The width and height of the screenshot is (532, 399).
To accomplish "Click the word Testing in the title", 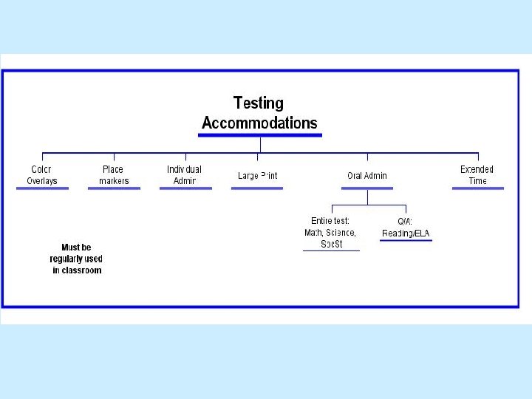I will pyautogui.click(x=258, y=103).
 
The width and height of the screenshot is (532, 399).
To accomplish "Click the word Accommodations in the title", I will pyautogui.click(x=259, y=123).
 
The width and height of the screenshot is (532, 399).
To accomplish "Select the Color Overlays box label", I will pyautogui.click(x=42, y=175).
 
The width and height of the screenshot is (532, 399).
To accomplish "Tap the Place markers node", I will pyautogui.click(x=113, y=175).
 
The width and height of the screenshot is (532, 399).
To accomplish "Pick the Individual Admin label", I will pyautogui.click(x=184, y=175).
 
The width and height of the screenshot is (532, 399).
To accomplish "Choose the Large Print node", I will pyautogui.click(x=257, y=176).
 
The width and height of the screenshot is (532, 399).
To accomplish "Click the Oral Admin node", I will pyautogui.click(x=367, y=176).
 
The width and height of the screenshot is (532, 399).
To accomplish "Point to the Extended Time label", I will pyautogui.click(x=477, y=175).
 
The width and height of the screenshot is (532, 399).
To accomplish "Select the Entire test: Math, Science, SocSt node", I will pyautogui.click(x=331, y=232).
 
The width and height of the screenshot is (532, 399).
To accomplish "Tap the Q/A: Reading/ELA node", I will pyautogui.click(x=406, y=227).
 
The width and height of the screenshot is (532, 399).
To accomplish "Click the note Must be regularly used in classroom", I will pyautogui.click(x=76, y=259).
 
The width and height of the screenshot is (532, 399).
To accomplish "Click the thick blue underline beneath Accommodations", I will pyautogui.click(x=261, y=135).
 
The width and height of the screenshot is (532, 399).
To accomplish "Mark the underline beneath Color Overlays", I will pyautogui.click(x=43, y=189).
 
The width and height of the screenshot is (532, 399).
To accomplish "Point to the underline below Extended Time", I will pyautogui.click(x=478, y=189).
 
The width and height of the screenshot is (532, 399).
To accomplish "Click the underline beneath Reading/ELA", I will pyautogui.click(x=406, y=240).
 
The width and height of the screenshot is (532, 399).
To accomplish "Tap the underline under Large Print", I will pyautogui.click(x=256, y=189).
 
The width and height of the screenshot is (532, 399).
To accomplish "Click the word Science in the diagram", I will pyautogui.click(x=341, y=233).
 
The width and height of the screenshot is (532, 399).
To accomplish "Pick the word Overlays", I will pyautogui.click(x=42, y=181).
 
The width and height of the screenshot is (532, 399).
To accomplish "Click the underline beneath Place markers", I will pyautogui.click(x=114, y=189).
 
